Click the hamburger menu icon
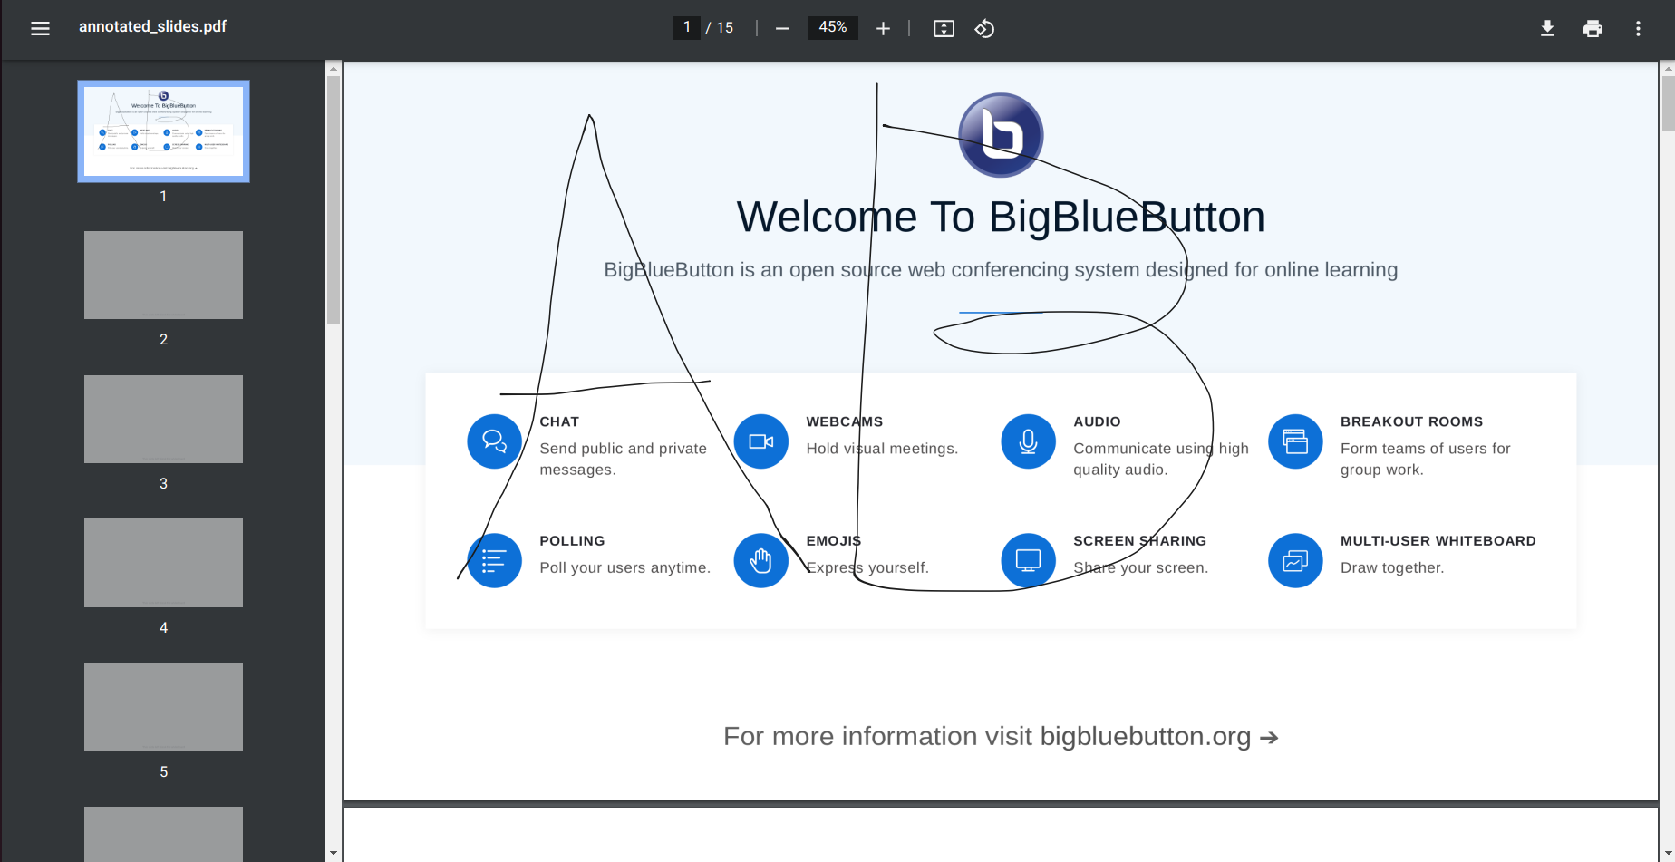pos(40,28)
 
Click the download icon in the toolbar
pos(1547,28)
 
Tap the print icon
pos(1593,28)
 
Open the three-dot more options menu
pos(1638,28)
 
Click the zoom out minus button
pos(782,28)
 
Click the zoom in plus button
pos(883,28)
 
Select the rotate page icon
pos(984,28)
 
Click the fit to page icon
pos(944,28)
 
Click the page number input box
pos(686,28)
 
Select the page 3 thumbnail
pos(163,419)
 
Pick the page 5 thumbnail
pos(163,706)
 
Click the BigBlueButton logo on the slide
pos(1001,135)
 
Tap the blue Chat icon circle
pos(494,441)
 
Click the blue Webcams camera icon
pos(760,441)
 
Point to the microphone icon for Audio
pos(1028,441)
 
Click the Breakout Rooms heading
pos(1411,421)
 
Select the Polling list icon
pos(494,560)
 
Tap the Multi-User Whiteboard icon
pos(1295,560)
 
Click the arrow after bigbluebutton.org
pos(1269,738)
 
